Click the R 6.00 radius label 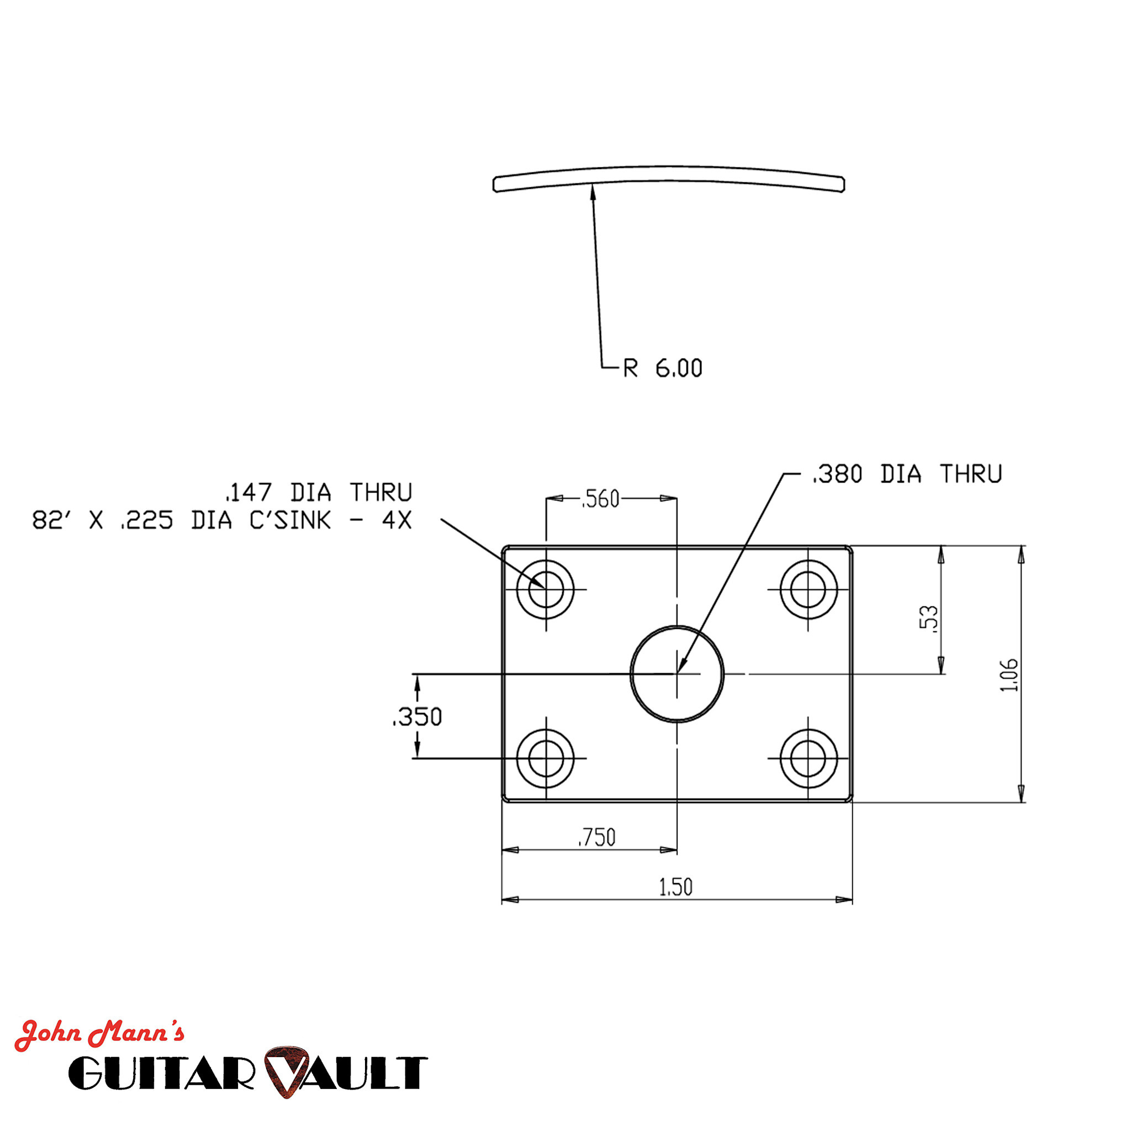point(662,368)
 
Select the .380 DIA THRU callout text point(907,474)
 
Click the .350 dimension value point(417,717)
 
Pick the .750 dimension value point(596,838)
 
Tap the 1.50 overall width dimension point(675,887)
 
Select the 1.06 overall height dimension point(1008,675)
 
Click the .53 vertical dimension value point(928,619)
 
